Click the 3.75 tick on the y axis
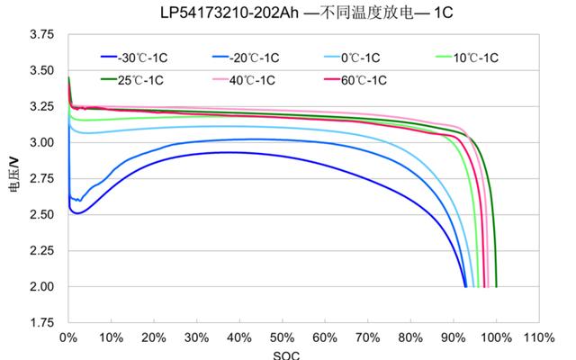tap(42, 35)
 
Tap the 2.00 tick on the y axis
tap(42, 287)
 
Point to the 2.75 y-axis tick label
tap(42, 179)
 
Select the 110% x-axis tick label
tap(538, 337)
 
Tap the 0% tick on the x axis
tap(67, 337)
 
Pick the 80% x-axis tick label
tap(410, 337)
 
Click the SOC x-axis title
tap(285, 354)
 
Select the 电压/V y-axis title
tap(13, 179)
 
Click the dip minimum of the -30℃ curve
tap(77, 213)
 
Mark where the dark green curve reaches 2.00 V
tap(496, 286)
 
